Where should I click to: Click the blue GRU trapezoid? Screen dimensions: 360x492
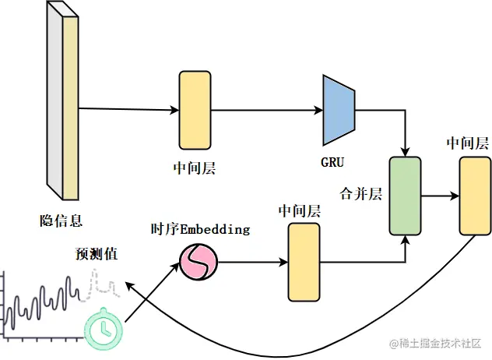(x=339, y=110)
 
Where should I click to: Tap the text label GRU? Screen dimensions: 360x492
(x=332, y=163)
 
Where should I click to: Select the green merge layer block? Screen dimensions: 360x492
(x=405, y=195)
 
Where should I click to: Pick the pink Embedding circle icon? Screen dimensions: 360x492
(x=197, y=262)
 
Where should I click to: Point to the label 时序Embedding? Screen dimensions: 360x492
(x=200, y=229)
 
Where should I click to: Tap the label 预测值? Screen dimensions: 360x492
(x=97, y=254)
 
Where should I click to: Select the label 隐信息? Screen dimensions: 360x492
(x=61, y=219)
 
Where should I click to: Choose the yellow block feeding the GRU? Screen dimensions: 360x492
(x=195, y=110)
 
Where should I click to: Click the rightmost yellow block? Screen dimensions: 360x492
(x=474, y=195)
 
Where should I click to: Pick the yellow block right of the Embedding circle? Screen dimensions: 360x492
(x=304, y=262)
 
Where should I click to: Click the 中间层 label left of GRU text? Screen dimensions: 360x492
(x=195, y=167)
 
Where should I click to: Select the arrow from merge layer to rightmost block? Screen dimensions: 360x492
(x=439, y=196)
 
